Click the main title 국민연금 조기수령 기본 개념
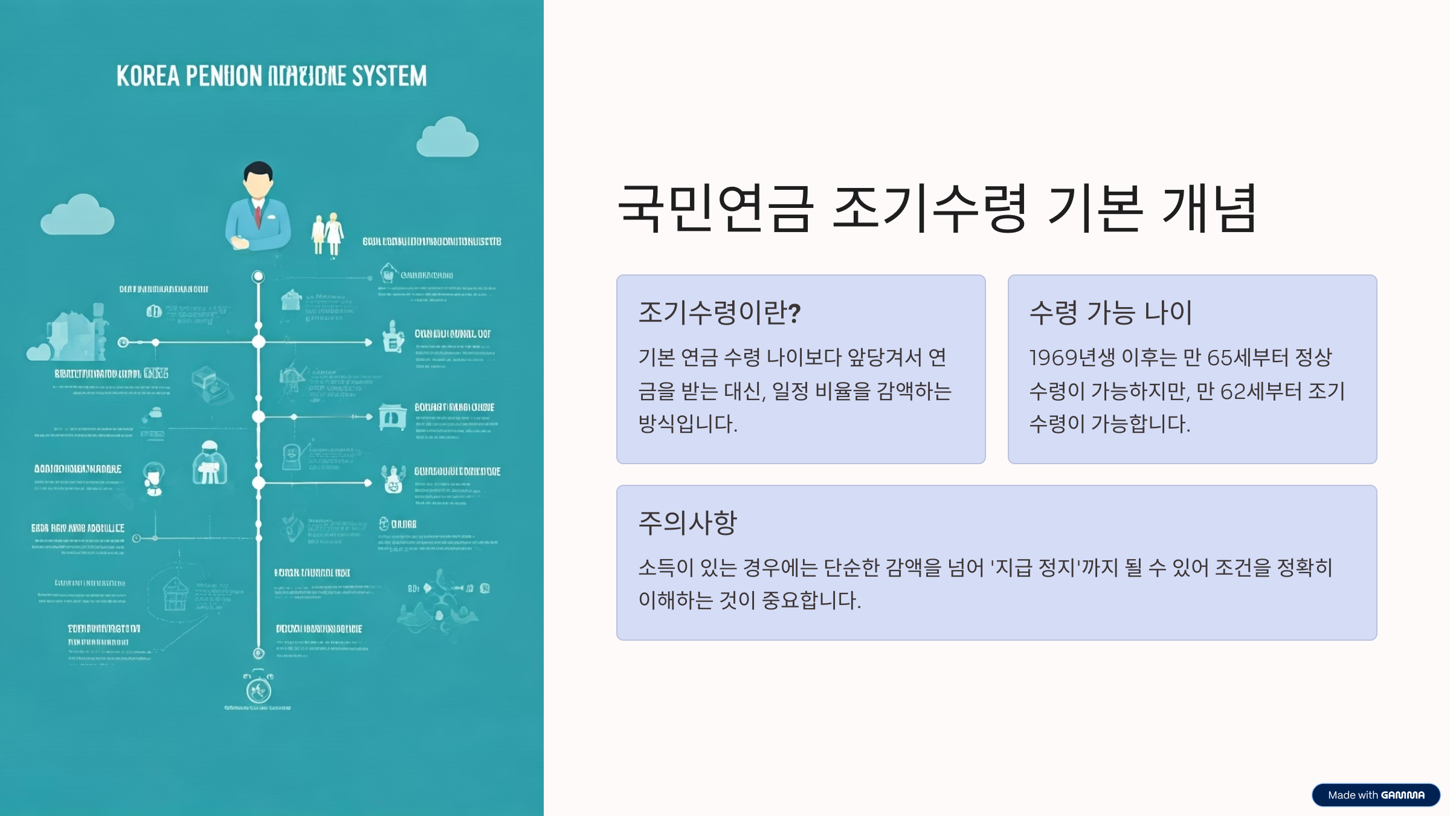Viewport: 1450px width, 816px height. coord(936,209)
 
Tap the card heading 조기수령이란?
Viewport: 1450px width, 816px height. coord(719,312)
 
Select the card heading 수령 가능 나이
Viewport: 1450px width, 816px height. coord(1110,312)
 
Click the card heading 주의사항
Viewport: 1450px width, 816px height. coord(688,523)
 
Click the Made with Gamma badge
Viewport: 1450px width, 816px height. coord(1376,795)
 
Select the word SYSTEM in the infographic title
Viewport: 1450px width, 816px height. coord(389,76)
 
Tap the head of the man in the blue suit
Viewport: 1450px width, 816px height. coord(258,180)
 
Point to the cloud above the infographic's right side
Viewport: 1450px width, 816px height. coord(448,138)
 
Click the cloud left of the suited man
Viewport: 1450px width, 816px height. coord(77,215)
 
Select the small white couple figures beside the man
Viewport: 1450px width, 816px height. coord(327,234)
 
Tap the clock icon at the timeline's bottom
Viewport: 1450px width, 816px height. coord(259,689)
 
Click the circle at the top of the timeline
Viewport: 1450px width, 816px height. coord(258,277)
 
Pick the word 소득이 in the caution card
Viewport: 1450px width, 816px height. coord(665,568)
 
